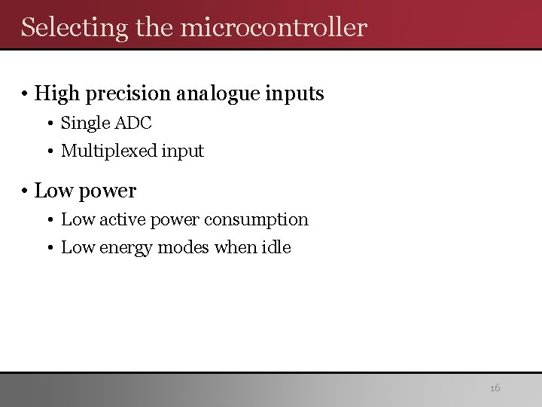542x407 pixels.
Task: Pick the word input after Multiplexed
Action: pyautogui.click(x=182, y=151)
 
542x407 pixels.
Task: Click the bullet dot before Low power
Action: pyautogui.click(x=25, y=191)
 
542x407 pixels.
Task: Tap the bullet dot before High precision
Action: pyautogui.click(x=25, y=94)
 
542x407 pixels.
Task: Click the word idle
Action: pyautogui.click(x=275, y=246)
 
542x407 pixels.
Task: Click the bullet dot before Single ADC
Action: pyautogui.click(x=51, y=123)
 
